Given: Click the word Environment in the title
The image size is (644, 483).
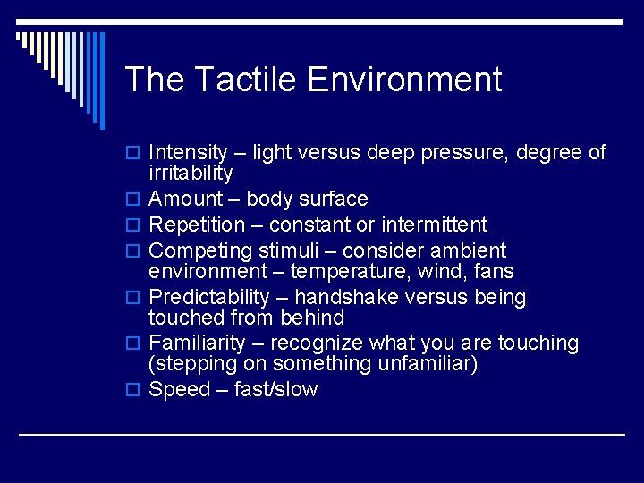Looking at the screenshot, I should (404, 80).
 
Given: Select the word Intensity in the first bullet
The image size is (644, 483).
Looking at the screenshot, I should (188, 153).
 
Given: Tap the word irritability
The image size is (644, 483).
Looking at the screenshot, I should (191, 174).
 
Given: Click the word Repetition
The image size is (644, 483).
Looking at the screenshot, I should (196, 225).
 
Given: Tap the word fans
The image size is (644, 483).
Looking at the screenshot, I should (494, 271).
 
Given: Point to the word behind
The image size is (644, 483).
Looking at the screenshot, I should (312, 318).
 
